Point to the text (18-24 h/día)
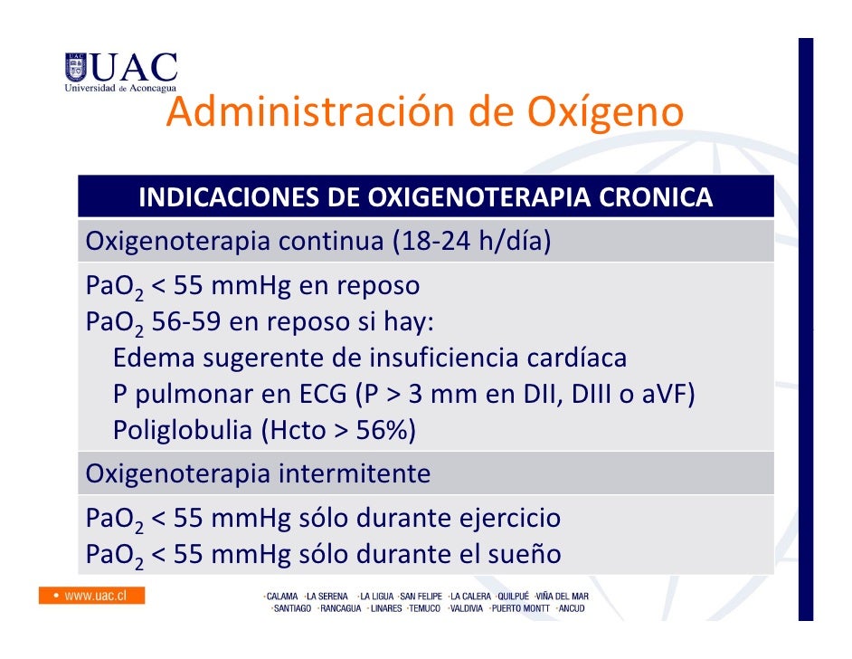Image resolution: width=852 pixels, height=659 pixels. click(x=471, y=243)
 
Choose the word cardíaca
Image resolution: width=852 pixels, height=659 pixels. click(x=576, y=358)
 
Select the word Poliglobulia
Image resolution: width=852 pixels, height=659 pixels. click(x=182, y=431)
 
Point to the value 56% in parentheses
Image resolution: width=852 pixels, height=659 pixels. click(x=381, y=431)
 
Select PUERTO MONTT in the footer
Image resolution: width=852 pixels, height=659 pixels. click(x=517, y=608)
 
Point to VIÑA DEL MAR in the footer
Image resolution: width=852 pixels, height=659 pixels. click(x=563, y=597)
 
